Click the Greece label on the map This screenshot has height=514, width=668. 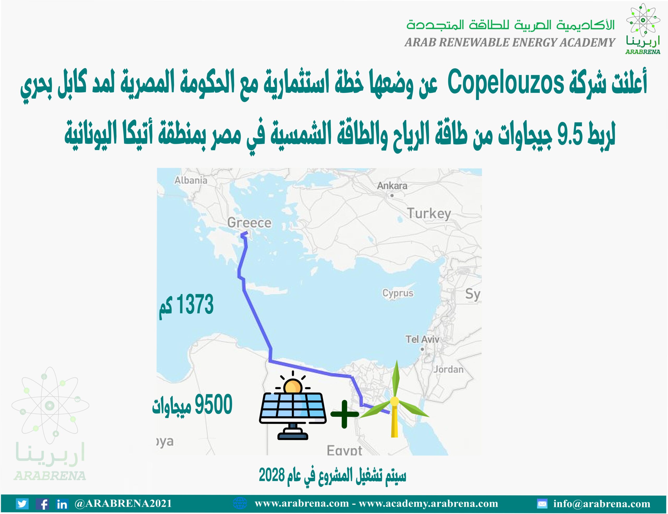[x=249, y=223]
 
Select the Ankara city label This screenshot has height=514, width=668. [x=392, y=186]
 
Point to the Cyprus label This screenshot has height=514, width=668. [x=398, y=293]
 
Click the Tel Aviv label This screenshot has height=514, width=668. [x=422, y=339]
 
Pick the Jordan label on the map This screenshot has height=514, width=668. [x=448, y=369]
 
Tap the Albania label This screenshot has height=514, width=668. [x=191, y=180]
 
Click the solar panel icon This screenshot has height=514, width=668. [x=293, y=405]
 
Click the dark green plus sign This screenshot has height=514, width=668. [x=344, y=414]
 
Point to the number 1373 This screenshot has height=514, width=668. [x=195, y=304]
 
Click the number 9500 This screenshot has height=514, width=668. [x=213, y=404]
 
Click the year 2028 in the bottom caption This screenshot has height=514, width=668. [x=272, y=475]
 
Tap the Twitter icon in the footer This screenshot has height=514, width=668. [x=22, y=504]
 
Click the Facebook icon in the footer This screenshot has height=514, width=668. [x=43, y=504]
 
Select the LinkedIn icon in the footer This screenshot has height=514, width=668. [x=62, y=504]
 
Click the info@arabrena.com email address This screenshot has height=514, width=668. [x=602, y=504]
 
